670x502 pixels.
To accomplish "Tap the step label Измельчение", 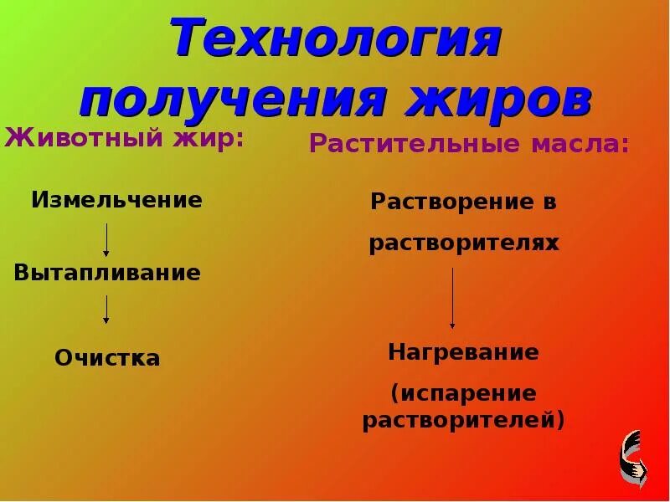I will tap(117, 200).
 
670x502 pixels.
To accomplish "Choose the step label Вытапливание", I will tap(107, 273).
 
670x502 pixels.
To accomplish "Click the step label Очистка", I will tap(107, 358).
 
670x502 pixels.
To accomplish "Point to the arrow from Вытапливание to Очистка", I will tap(106, 310).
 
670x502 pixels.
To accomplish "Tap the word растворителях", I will tap(463, 243).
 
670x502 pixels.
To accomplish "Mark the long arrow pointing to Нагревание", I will tap(452, 297).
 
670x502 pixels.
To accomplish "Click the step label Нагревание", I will tap(463, 352).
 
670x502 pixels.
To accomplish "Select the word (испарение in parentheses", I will tap(463, 392).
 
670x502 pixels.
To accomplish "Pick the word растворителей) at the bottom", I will tap(463, 418).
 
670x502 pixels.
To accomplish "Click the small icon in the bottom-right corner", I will tap(634, 459).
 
